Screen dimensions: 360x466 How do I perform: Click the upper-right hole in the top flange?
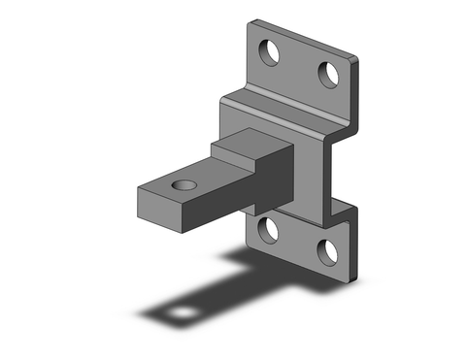click(329, 74)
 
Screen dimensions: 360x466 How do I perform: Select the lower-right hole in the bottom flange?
click(329, 251)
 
